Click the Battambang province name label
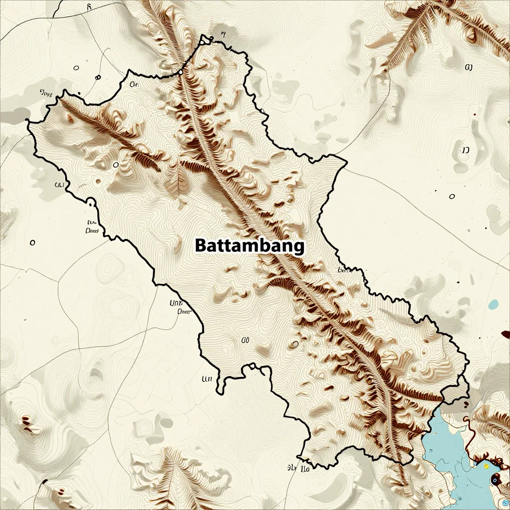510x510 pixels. (249, 246)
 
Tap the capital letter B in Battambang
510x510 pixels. (200, 246)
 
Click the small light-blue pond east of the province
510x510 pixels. (494, 304)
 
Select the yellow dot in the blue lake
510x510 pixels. (486, 465)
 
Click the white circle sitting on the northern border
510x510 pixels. (180, 73)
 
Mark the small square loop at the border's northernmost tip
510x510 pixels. (204, 40)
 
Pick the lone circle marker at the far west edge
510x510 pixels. (32, 243)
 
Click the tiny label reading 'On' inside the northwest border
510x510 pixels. (133, 85)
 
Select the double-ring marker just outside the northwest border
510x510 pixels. (98, 77)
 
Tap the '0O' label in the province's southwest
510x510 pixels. (245, 340)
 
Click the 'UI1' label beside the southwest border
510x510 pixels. (207, 379)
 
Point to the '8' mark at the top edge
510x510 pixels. (89, 7)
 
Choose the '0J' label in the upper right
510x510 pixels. (468, 67)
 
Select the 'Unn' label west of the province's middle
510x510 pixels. (176, 302)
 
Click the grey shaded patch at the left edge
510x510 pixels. (15, 115)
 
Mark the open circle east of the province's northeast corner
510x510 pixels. (452, 197)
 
